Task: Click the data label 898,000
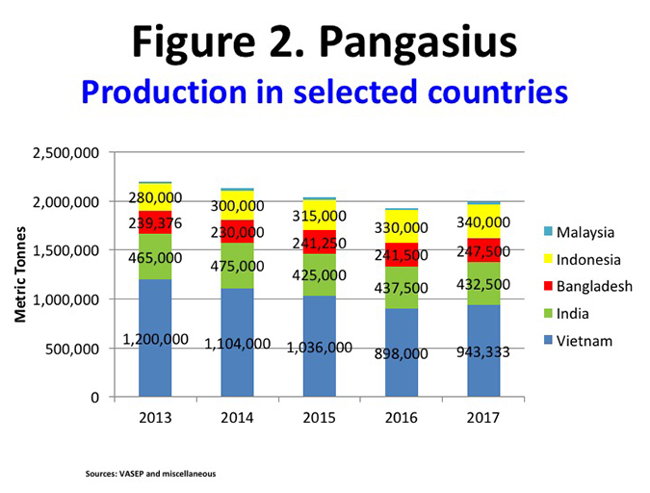coord(401,353)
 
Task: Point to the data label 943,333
coord(483,351)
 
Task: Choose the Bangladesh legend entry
coord(591,286)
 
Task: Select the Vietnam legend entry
coord(584,340)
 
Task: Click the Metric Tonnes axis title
coord(20,274)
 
